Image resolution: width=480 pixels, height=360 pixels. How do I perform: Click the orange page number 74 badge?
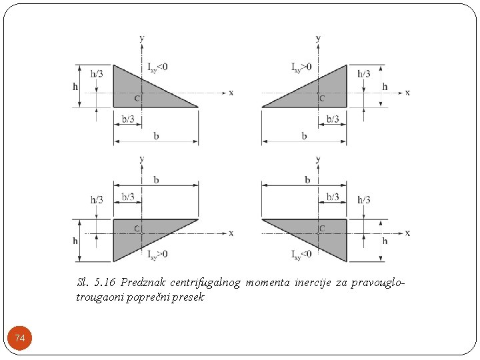point(20,339)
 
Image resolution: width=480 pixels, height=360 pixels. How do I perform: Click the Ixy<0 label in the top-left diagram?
point(158,67)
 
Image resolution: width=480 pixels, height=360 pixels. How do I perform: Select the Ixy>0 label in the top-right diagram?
point(301,67)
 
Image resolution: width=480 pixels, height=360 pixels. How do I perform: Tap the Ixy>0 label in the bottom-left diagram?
point(158,254)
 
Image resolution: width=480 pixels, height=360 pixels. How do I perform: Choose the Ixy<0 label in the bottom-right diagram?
point(301,254)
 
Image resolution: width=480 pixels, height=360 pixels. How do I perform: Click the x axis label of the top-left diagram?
point(231,92)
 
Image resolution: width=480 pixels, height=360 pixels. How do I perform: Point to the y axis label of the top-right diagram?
point(318,38)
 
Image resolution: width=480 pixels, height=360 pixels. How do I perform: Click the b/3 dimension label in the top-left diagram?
point(128,119)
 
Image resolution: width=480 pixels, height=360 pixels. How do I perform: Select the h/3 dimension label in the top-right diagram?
point(363,73)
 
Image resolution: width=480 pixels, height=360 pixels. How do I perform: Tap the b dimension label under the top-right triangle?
point(304,136)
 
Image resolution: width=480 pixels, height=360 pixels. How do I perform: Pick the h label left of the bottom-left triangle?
point(75,241)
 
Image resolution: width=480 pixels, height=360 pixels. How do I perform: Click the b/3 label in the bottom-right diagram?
point(333,197)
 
